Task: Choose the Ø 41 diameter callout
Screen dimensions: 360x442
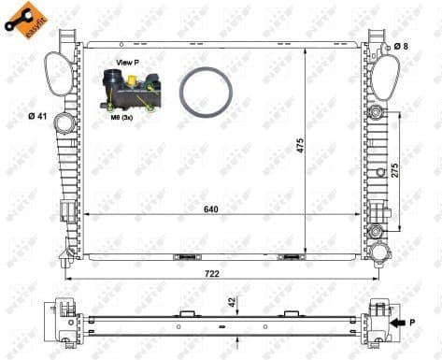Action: click(x=38, y=116)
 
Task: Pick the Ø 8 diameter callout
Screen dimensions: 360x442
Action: click(x=400, y=45)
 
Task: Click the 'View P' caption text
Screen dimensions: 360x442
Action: click(x=127, y=62)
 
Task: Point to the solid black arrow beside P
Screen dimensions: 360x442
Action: click(x=400, y=323)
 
